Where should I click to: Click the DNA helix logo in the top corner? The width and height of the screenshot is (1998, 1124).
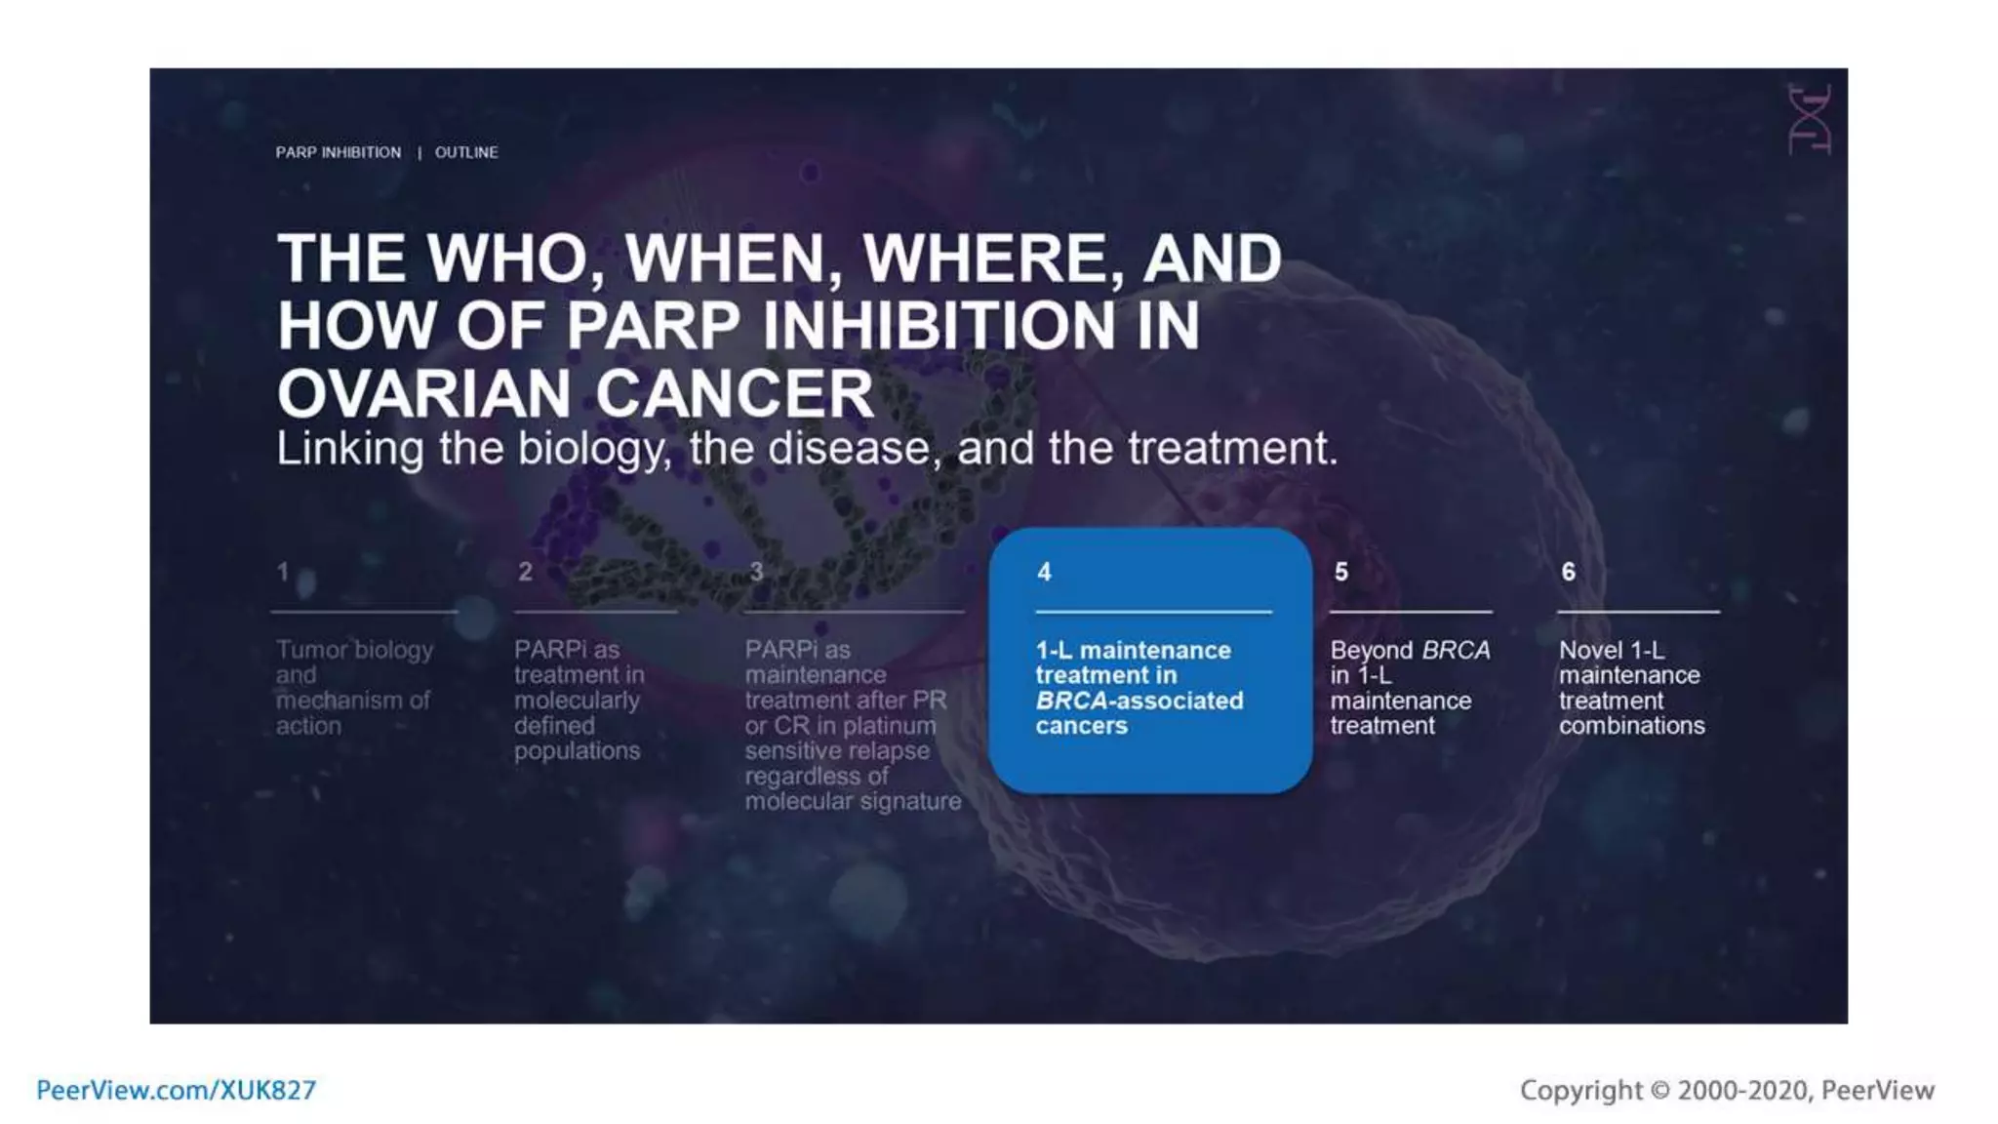pos(1809,120)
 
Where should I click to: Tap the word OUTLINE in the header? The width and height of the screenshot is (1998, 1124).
pos(466,152)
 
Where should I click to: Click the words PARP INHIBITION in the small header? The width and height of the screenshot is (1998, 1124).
pos(338,152)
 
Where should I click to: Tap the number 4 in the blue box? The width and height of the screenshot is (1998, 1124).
pos(1044,572)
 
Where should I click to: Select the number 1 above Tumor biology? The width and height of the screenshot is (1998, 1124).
pos(283,572)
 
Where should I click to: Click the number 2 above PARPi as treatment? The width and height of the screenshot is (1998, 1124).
pos(525,572)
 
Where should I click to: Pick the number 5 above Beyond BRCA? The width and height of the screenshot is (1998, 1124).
pos(1341,572)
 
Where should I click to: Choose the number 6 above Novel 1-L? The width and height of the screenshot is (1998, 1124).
pos(1568,572)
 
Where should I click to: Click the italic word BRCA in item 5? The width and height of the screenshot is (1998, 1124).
pos(1456,650)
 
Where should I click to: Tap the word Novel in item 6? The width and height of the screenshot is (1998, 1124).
pos(1590,650)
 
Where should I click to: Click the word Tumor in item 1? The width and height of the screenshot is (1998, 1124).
pos(311,650)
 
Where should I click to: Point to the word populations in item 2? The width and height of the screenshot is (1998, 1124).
pos(577,751)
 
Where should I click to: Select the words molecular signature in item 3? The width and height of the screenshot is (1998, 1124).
pos(853,802)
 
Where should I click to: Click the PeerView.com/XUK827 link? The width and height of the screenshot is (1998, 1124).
pos(177,1090)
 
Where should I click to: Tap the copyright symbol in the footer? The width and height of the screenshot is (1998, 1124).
pos(1659,1091)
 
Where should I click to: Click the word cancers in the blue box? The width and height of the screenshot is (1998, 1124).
pos(1081,726)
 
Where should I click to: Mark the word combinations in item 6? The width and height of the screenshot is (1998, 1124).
pos(1631,726)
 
